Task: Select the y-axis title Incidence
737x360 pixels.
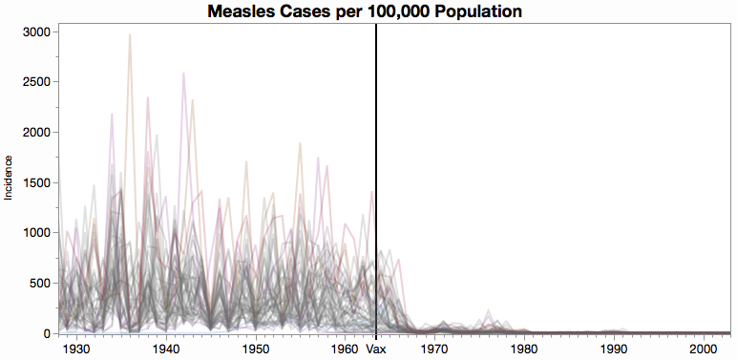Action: pos(9,177)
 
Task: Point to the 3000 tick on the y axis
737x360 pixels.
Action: pos(36,32)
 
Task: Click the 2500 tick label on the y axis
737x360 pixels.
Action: pos(36,82)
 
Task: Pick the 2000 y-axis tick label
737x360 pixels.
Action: pos(36,132)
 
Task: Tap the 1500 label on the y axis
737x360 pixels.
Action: pos(36,182)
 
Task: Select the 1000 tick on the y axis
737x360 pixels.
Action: pos(36,233)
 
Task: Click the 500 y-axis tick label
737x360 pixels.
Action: pos(40,283)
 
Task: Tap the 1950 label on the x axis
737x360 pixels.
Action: pos(256,349)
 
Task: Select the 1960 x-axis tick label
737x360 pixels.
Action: pos(345,349)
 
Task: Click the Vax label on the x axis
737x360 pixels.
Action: pos(376,349)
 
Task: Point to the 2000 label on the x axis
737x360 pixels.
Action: pos(703,349)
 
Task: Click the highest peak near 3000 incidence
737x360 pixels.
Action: pos(130,35)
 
